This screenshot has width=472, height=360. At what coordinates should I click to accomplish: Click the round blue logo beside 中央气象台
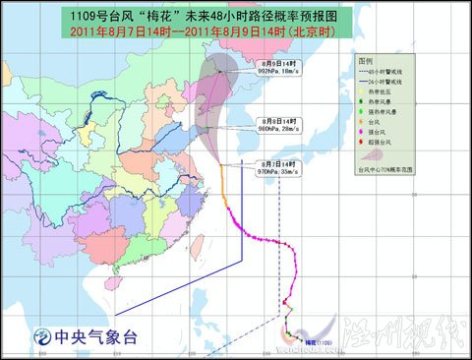[x=41, y=333]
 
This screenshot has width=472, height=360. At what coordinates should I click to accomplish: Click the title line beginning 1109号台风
[x=236, y=18]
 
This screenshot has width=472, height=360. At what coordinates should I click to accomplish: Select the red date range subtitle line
[x=236, y=32]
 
